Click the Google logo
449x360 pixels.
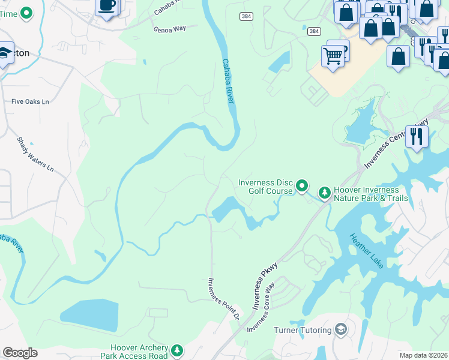pos(20,353)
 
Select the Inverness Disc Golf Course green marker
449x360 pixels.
pos(303,186)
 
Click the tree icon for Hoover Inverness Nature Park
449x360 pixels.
pos(324,192)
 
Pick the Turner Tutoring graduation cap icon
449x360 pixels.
pos(341,329)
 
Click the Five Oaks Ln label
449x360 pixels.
pos(30,101)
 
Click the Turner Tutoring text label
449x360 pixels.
pos(302,330)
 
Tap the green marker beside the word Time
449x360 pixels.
pos(26,13)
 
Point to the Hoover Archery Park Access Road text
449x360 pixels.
pos(139,352)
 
